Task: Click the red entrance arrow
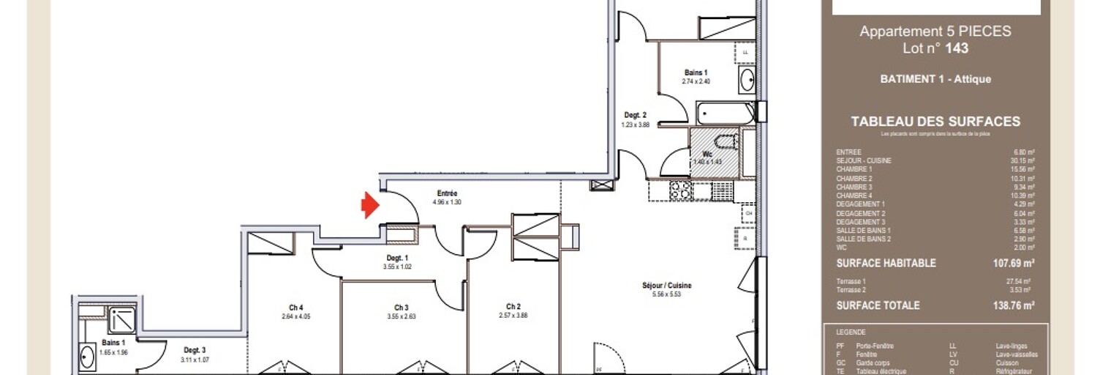tap(371, 205)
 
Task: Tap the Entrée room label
tap(447, 193)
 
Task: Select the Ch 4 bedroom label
tap(296, 308)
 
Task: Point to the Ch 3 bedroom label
tap(401, 308)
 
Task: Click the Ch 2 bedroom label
tap(513, 307)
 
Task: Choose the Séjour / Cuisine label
tap(666, 286)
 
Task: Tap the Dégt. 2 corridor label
tap(635, 115)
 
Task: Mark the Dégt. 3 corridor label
tap(194, 351)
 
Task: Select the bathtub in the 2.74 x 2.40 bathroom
tap(725, 114)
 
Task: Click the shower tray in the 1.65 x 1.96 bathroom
tap(121, 321)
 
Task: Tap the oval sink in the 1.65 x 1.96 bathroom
tap(86, 356)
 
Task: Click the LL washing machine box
tap(745, 53)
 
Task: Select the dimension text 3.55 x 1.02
tap(397, 267)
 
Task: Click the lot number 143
tap(957, 48)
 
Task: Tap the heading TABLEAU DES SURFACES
tap(935, 122)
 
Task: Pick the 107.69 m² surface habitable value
tap(1017, 264)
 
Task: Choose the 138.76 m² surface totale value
tap(1017, 305)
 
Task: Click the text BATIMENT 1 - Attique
tap(935, 79)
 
